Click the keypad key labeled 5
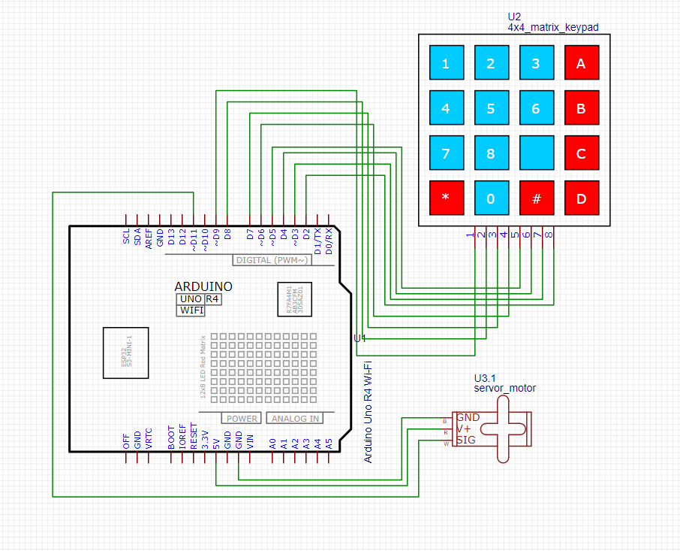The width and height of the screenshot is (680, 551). (491, 107)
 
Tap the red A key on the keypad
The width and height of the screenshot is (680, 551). (581, 63)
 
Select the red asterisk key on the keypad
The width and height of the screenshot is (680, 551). (446, 198)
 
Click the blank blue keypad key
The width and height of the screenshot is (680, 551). (536, 153)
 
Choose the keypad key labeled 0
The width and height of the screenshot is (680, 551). (491, 198)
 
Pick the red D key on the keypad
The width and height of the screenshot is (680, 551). (581, 198)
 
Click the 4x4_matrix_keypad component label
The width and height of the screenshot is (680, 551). (552, 28)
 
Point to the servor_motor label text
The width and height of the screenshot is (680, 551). (504, 388)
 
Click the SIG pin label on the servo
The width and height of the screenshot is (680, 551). (467, 440)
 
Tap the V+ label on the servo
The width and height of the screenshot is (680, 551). (465, 428)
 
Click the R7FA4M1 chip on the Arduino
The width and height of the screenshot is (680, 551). (295, 301)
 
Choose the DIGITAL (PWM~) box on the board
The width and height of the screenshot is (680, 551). (271, 260)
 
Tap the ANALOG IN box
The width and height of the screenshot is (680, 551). (295, 419)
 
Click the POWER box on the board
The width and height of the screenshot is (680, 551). (241, 419)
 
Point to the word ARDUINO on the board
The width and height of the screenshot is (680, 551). (203, 286)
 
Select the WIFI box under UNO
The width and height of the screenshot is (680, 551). (191, 310)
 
